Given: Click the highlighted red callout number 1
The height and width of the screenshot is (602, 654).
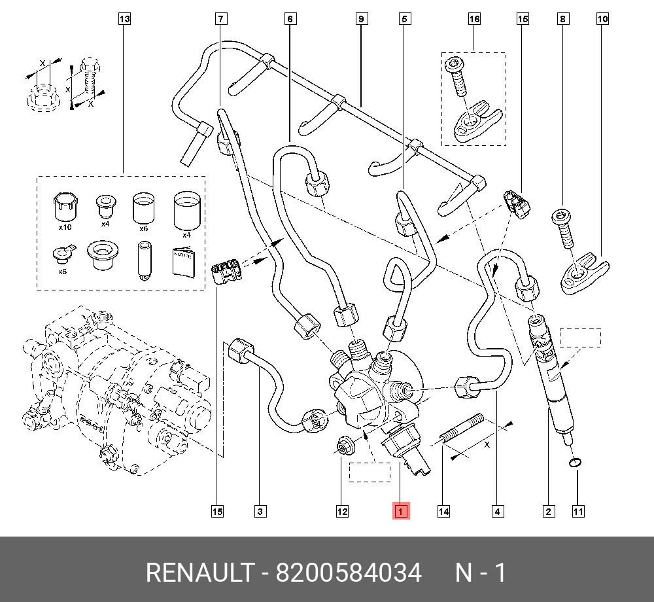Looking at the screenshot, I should (400, 511).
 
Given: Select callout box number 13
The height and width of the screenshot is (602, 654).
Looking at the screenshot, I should (124, 19).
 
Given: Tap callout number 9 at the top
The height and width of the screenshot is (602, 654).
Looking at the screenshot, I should (361, 19).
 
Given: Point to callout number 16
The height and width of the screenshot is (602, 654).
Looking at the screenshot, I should (474, 19).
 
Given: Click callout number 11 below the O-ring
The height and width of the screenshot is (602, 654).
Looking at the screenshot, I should (578, 512).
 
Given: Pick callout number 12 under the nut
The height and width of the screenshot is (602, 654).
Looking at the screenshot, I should (342, 512).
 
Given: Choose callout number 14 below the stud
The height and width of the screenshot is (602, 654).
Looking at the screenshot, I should (443, 512).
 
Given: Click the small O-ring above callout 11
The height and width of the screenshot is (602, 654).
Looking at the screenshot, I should (574, 463).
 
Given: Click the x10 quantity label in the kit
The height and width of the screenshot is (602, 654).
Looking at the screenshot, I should (65, 228).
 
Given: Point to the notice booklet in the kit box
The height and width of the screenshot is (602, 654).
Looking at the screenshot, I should (184, 262).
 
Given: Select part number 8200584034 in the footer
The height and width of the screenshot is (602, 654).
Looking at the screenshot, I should (348, 573).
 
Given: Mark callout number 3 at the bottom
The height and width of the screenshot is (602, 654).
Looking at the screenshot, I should (260, 512).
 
